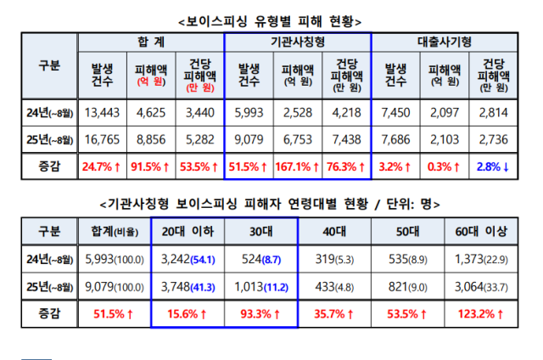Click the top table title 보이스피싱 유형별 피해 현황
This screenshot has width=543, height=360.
[x=271, y=20]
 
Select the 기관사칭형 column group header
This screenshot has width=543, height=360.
[x=298, y=42]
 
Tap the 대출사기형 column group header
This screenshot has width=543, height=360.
[x=445, y=42]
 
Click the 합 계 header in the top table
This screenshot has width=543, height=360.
[x=151, y=42]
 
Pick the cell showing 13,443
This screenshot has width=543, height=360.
[x=102, y=111]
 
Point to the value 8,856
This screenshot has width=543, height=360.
[x=151, y=138]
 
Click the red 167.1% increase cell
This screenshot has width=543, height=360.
[x=298, y=166]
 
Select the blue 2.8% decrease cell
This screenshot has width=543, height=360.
[x=493, y=166]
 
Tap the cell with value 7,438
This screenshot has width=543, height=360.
[x=346, y=138]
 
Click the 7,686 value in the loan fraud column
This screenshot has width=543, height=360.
[x=396, y=138]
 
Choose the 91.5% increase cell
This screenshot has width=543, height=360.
[x=151, y=166]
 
